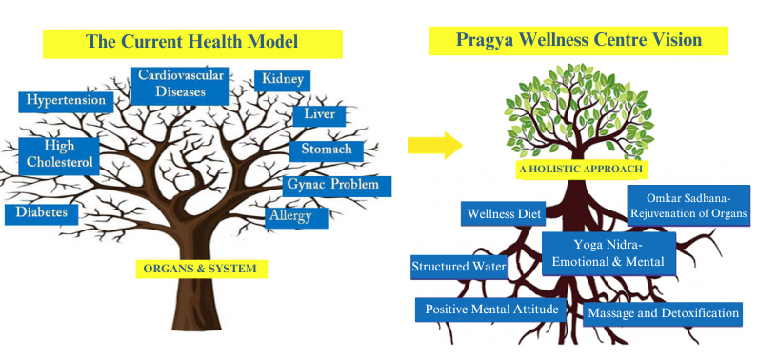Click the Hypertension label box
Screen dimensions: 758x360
click(67, 102)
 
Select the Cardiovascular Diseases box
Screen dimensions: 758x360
click(180, 86)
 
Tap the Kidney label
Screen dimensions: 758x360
click(282, 81)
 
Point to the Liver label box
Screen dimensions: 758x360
click(319, 115)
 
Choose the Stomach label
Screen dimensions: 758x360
click(327, 150)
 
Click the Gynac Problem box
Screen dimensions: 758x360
click(337, 185)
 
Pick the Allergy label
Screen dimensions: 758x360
click(296, 217)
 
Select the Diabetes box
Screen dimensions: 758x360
click(41, 213)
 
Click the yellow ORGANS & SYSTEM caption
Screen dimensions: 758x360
click(201, 269)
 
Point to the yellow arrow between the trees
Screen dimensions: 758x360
click(435, 145)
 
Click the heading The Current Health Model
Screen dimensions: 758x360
click(192, 43)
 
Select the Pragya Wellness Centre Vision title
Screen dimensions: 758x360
click(578, 41)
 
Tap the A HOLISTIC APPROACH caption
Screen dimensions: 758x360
click(581, 170)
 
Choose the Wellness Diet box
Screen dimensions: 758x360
click(503, 213)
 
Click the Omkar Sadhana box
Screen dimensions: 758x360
click(688, 206)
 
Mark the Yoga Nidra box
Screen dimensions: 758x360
click(608, 253)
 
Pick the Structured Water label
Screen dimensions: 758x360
click(459, 267)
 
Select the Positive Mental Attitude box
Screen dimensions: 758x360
click(490, 310)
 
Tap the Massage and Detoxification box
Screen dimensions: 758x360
click(663, 314)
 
